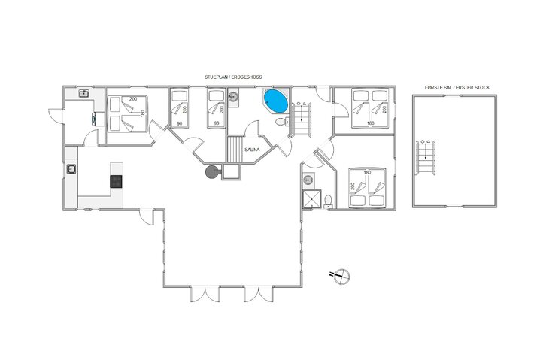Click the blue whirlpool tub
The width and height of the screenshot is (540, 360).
[x=276, y=101]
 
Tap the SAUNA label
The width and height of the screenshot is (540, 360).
[x=252, y=150]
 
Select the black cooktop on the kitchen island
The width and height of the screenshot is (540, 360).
[x=116, y=181]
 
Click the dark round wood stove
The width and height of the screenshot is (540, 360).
[x=211, y=171]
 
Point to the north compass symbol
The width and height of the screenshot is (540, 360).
[x=341, y=276]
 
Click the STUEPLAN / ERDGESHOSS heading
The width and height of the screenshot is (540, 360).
[x=233, y=77]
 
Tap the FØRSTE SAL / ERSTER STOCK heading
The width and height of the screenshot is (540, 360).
[x=457, y=88]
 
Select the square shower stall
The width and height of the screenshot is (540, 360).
[x=311, y=199]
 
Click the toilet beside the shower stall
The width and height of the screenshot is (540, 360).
[x=328, y=201]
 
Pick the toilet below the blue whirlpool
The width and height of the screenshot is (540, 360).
[x=282, y=122]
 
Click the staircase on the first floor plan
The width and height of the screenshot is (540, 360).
[x=426, y=157]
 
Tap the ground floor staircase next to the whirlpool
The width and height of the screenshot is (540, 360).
[x=302, y=119]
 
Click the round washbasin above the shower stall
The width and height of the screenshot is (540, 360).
[x=308, y=180]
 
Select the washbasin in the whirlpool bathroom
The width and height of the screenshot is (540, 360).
[x=233, y=97]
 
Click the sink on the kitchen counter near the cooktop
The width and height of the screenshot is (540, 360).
[x=71, y=169]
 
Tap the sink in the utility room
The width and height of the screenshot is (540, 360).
[x=84, y=93]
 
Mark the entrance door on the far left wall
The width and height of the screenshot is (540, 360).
[x=56, y=116]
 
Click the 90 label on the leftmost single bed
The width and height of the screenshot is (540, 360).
[x=180, y=123]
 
